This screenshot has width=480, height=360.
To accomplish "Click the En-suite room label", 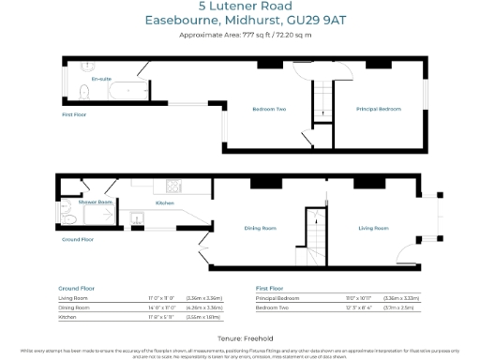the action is [x=100, y=79].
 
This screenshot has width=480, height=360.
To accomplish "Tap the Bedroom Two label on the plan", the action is [x=268, y=110].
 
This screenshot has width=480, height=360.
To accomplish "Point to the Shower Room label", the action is [x=95, y=202].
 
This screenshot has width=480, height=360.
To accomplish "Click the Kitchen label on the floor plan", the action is [x=164, y=202].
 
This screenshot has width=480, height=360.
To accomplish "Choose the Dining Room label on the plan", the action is [x=261, y=228].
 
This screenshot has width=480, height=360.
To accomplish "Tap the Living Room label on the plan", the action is [x=373, y=228].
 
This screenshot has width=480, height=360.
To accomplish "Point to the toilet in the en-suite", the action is [x=84, y=92].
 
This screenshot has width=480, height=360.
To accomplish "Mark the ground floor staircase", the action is [x=315, y=234].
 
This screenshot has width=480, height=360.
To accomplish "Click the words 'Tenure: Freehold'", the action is [x=240, y=336].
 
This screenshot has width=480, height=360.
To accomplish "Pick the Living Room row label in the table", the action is [x=73, y=297].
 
